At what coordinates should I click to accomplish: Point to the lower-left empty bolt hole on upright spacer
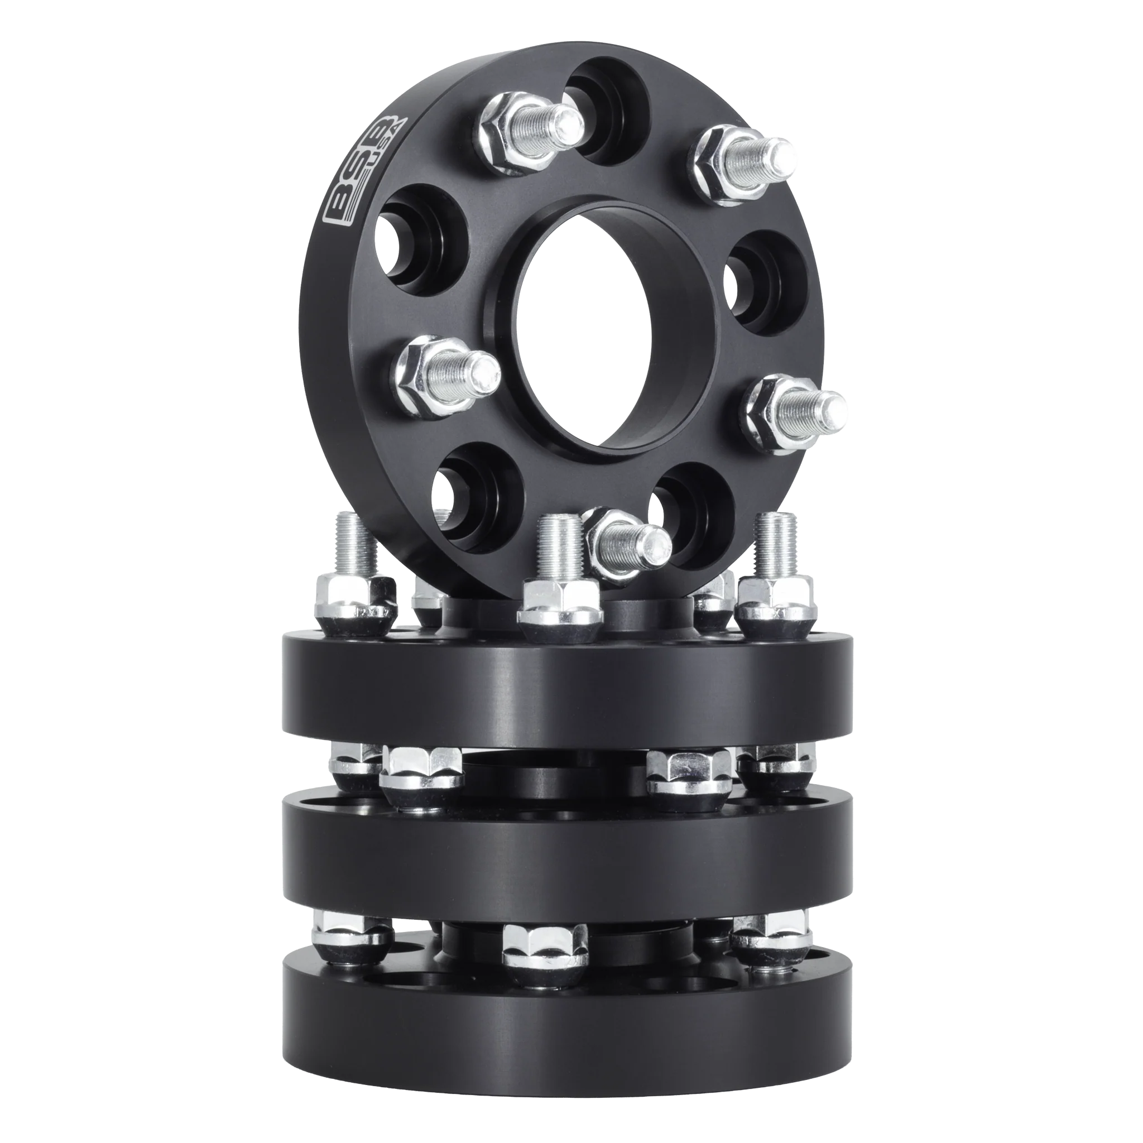point(476,497)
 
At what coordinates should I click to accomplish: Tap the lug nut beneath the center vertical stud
point(559,609)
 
